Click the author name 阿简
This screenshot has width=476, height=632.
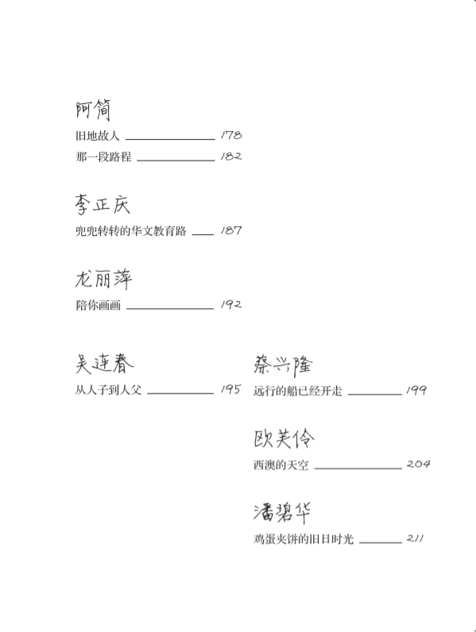(93, 110)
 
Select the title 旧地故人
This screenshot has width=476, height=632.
(98, 136)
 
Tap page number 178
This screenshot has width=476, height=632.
(231, 135)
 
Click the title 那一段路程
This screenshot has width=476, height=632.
(103, 156)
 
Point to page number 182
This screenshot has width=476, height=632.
(231, 156)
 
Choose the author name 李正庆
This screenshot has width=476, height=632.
(103, 204)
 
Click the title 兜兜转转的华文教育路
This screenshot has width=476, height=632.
(130, 230)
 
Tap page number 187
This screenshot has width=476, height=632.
(231, 230)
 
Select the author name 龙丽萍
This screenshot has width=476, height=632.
(103, 279)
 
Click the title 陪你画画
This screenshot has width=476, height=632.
(98, 305)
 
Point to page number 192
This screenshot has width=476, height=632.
(231, 304)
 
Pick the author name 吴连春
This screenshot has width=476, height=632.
(104, 364)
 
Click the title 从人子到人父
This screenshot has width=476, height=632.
(109, 390)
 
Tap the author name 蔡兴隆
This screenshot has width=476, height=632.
(283, 364)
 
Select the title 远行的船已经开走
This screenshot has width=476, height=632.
(298, 391)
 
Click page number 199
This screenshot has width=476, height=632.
(416, 390)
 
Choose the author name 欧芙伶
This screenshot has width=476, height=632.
(284, 438)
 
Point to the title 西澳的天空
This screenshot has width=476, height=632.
(281, 464)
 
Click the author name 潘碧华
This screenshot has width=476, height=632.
(282, 512)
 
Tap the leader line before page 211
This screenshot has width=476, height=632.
(381, 542)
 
